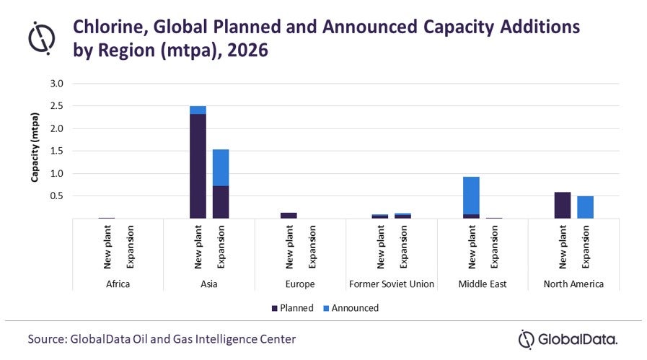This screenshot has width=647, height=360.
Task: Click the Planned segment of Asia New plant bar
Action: click(198, 166)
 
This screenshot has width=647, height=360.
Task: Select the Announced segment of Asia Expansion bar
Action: click(221, 167)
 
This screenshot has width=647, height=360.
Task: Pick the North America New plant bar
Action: click(562, 205)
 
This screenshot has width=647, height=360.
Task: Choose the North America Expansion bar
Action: click(585, 207)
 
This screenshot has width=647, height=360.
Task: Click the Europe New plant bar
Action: click(289, 215)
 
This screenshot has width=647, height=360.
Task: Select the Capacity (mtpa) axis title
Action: click(34, 151)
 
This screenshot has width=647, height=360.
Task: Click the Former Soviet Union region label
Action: click(391, 284)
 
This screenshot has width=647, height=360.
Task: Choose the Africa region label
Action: click(118, 284)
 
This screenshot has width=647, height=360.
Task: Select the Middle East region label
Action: click(482, 284)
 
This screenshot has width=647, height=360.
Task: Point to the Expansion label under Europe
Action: click(312, 247)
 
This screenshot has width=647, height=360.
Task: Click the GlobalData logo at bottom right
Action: click(568, 338)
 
